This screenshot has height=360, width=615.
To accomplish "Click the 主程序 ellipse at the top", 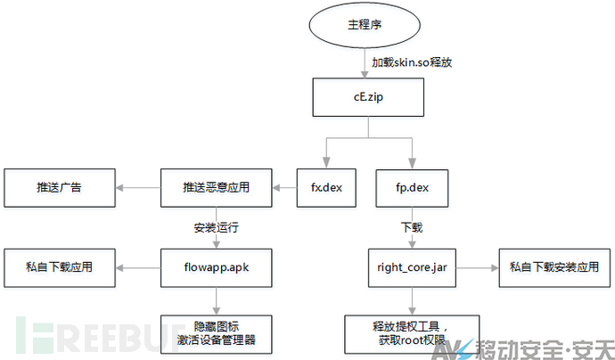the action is click(365, 25).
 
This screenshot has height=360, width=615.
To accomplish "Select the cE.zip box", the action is click(368, 97).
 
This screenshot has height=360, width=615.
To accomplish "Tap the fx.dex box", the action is click(326, 188).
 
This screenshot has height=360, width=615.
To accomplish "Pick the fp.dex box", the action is click(412, 188).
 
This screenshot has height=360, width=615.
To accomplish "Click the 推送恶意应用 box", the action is click(216, 188).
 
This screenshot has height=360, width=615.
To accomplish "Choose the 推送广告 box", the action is click(60, 188).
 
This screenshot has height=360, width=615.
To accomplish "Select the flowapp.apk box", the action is click(216, 268).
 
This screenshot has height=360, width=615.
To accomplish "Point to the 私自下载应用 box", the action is click(60, 268).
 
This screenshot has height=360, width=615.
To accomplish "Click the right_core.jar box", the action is click(412, 268).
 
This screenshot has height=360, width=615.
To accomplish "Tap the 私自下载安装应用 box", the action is click(554, 268).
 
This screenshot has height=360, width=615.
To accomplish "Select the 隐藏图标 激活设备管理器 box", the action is click(216, 334).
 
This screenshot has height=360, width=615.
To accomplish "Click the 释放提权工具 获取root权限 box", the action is click(412, 334).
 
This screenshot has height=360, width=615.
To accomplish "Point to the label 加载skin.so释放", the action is click(412, 62).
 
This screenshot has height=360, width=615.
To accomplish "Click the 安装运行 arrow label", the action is click(216, 228).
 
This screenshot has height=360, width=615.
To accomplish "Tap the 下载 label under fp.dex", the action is click(412, 228).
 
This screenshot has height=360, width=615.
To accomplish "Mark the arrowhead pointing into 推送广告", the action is click(119, 188).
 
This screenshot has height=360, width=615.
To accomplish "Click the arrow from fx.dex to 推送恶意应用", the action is click(284, 188).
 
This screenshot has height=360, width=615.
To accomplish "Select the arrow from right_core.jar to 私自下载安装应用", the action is click(478, 268).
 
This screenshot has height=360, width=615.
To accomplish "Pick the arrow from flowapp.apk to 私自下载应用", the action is click(138, 268).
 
